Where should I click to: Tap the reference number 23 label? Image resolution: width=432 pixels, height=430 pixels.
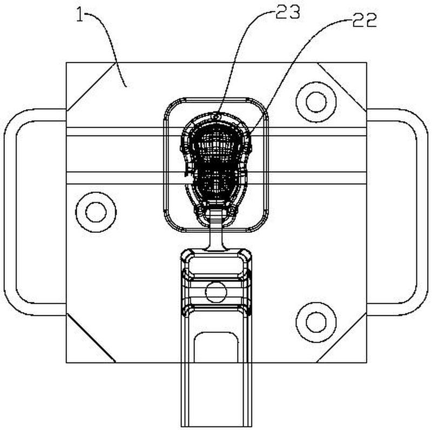pos(288,12)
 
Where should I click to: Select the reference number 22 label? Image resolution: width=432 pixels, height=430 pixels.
pos(364,20)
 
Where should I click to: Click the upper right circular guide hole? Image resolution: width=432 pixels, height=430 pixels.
pos(316,102)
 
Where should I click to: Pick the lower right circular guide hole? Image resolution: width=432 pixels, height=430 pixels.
pos(316,322)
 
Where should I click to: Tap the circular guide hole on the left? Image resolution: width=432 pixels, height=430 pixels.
pos(96,212)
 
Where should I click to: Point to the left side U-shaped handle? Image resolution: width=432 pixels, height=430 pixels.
pos(10,212)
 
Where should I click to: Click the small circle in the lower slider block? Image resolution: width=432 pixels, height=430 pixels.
pos(217,292)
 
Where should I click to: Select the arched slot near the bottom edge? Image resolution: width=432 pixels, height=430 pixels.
pos(217,347)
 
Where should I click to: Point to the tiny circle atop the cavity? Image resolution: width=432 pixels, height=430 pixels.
pos(217,117)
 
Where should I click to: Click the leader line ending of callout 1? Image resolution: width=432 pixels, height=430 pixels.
pos(126,86)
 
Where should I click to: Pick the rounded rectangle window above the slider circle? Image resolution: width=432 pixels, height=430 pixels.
pos(217,266)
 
